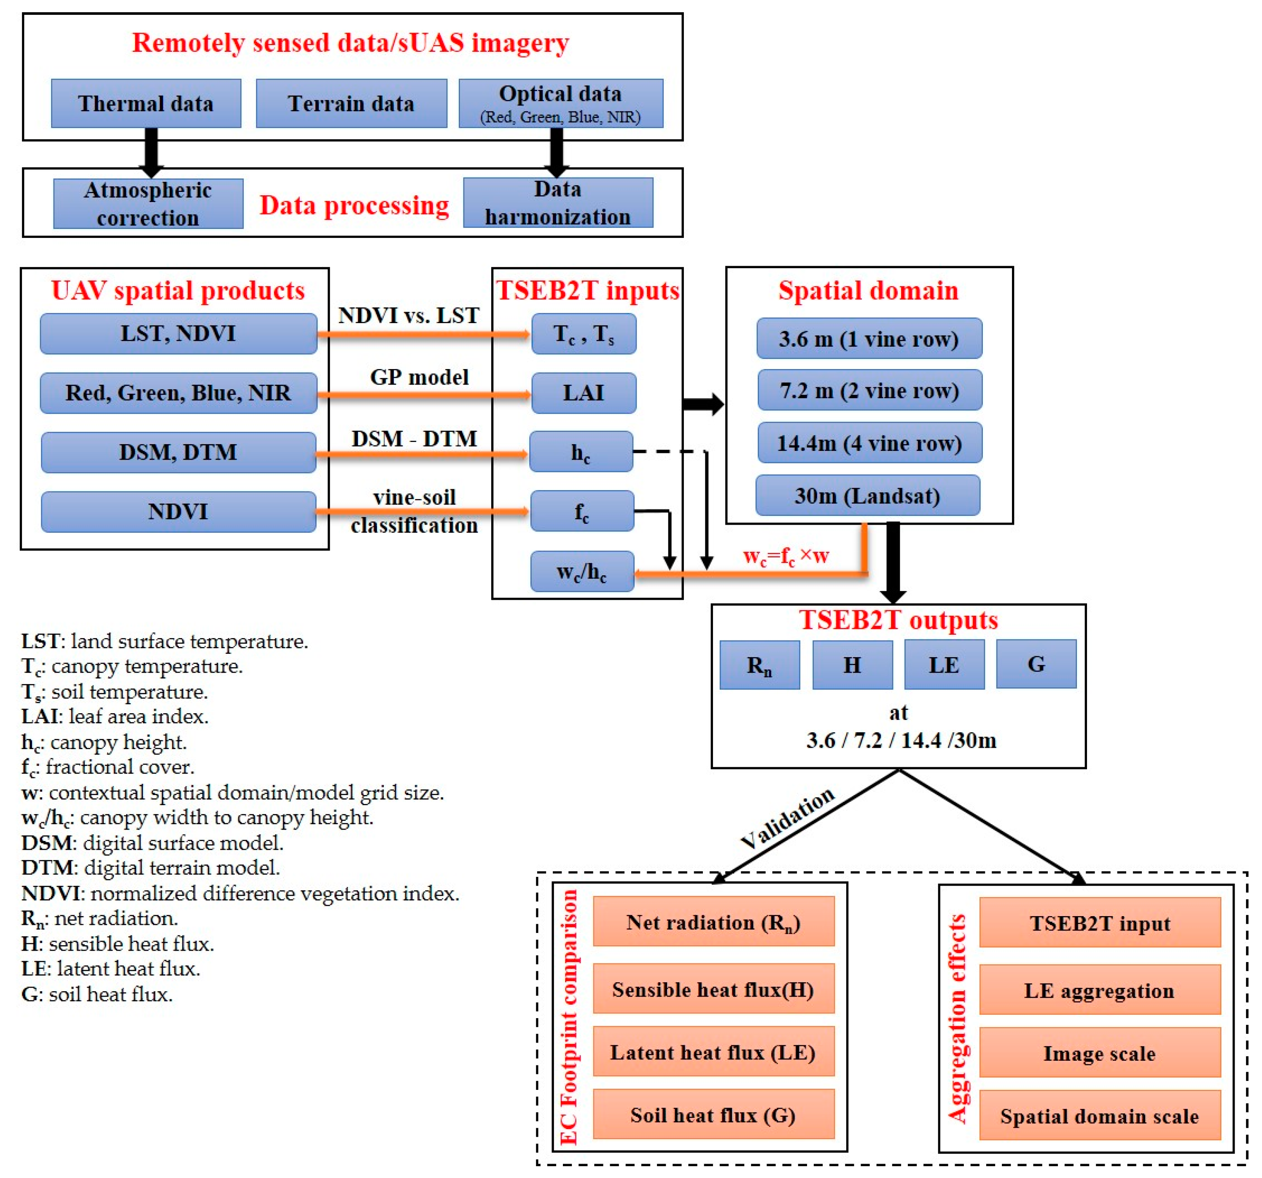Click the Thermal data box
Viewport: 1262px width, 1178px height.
click(x=146, y=103)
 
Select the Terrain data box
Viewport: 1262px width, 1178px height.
click(x=351, y=103)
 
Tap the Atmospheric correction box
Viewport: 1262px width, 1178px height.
click(x=148, y=204)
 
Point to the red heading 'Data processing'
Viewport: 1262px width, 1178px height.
click(x=354, y=205)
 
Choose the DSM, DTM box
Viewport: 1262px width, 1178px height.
click(x=178, y=452)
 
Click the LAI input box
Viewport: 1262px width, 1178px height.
click(x=584, y=392)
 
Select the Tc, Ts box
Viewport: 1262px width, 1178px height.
click(x=584, y=333)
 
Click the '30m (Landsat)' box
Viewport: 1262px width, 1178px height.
click(x=867, y=495)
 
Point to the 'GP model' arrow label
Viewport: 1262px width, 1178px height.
click(x=419, y=377)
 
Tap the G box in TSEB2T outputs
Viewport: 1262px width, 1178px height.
click(x=1036, y=664)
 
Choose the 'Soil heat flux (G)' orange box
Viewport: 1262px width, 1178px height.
click(x=713, y=1115)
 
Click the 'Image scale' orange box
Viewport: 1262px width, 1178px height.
click(x=1100, y=1053)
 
